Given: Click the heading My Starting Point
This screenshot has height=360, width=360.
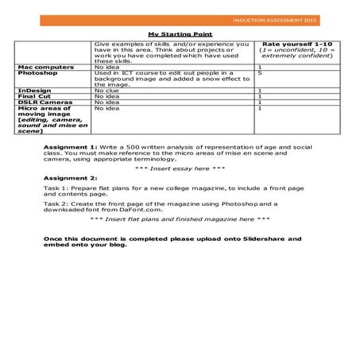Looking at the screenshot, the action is click(x=180, y=33).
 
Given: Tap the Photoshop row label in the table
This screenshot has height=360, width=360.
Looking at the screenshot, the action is click(x=37, y=73).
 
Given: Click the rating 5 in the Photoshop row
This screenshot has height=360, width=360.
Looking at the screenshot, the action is click(x=260, y=73).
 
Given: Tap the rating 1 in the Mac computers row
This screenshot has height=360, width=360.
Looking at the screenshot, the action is click(x=260, y=67).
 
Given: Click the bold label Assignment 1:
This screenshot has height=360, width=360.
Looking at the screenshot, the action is click(x=70, y=148).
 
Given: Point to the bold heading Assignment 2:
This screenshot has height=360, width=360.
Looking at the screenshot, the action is click(x=70, y=178).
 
